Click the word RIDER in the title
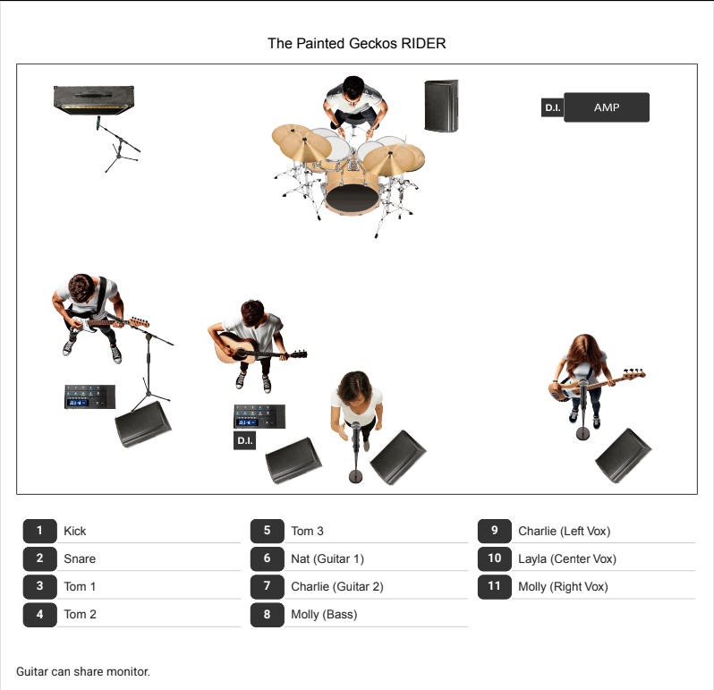coord(423,43)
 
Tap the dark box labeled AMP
coord(607,107)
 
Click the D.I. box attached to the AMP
coord(552,107)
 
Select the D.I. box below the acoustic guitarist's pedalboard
coord(244,440)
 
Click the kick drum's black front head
coord(353,199)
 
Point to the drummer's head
coord(353,88)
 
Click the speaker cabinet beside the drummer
coord(441,106)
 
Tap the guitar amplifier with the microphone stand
coord(94,99)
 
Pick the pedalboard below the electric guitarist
coord(89,396)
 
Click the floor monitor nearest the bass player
coord(623,455)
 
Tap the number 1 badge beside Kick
coord(40,531)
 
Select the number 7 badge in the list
coord(268,586)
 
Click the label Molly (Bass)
coord(324,615)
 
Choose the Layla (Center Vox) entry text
coord(567,558)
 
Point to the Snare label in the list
coord(80,558)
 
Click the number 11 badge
coord(495,586)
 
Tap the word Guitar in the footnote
coord(32,671)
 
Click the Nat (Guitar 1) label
coord(327,558)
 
